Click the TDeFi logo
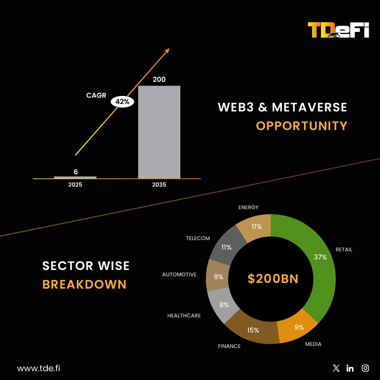(338, 30)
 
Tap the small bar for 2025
(75, 177)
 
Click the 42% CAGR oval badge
(122, 102)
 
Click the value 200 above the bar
(159, 79)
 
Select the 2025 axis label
(75, 185)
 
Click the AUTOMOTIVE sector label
(179, 275)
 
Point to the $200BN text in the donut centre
(273, 279)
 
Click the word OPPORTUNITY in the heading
(302, 126)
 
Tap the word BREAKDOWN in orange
(84, 284)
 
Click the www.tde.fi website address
(38, 368)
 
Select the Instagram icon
(366, 368)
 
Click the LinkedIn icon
(350, 368)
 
